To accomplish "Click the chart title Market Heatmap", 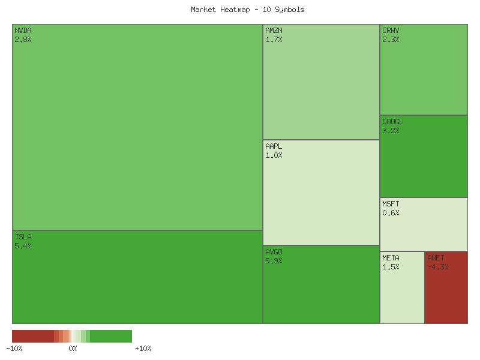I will tap(247, 10).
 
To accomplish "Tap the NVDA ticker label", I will tap(23, 30).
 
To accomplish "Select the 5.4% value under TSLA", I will tap(23, 246).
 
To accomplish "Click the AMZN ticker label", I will tap(274, 30).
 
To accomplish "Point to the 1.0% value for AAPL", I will tap(274, 155).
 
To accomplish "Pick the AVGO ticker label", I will tap(274, 251).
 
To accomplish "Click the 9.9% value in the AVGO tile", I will tap(274, 261).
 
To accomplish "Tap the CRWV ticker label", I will tap(391, 30).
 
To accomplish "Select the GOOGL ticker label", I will tap(393, 122).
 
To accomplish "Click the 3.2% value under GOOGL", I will tap(391, 131).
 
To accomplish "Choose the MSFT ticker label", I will tap(391, 204).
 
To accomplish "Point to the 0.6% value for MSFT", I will tap(391, 213).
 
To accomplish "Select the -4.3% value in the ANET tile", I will tap(438, 267).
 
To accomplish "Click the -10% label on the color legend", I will tap(14, 348).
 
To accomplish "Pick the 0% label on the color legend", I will tap(73, 348).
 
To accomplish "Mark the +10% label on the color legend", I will tap(143, 348).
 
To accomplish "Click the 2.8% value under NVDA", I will tap(23, 40).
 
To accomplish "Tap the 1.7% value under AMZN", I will tap(274, 40).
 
